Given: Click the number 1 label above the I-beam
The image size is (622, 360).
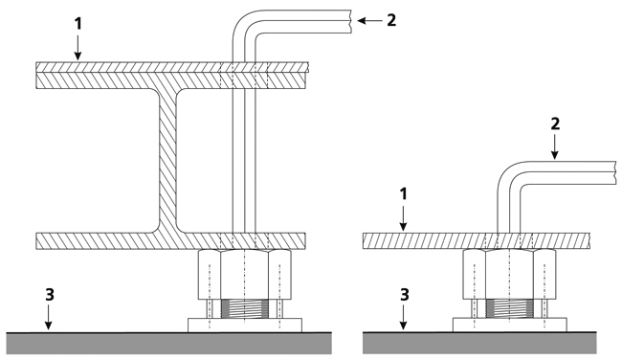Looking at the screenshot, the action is (x=78, y=24).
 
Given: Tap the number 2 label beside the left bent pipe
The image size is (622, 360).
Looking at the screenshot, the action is (x=391, y=20).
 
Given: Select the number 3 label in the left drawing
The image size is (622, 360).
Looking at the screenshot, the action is (x=50, y=295).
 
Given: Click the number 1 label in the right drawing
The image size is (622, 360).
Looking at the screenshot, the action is (x=404, y=194).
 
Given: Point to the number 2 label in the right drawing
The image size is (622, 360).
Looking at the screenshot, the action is (x=555, y=124).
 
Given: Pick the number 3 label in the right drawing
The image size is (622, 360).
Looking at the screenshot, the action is (x=404, y=295).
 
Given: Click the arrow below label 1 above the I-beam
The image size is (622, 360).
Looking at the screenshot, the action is (x=78, y=48).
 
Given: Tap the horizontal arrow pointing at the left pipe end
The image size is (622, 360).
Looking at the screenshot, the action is (x=369, y=21).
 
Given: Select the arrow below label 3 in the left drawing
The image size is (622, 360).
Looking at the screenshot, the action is (x=49, y=318).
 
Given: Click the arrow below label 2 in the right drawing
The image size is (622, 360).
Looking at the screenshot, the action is (x=555, y=147).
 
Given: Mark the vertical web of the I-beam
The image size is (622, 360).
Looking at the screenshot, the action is (x=167, y=160).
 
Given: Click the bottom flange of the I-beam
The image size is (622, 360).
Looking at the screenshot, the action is (x=171, y=241).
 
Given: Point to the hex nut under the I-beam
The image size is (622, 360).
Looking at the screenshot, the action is (x=244, y=274).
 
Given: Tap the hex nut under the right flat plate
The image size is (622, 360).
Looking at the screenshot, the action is (x=510, y=274).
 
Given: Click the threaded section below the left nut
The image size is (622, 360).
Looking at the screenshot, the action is (x=244, y=309).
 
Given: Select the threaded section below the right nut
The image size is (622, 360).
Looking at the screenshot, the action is (x=510, y=309).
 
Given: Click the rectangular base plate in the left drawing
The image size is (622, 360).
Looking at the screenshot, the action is (x=245, y=326).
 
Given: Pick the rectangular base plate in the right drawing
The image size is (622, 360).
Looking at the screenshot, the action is (x=510, y=326).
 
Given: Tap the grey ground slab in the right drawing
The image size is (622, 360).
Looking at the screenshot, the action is (x=479, y=343).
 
